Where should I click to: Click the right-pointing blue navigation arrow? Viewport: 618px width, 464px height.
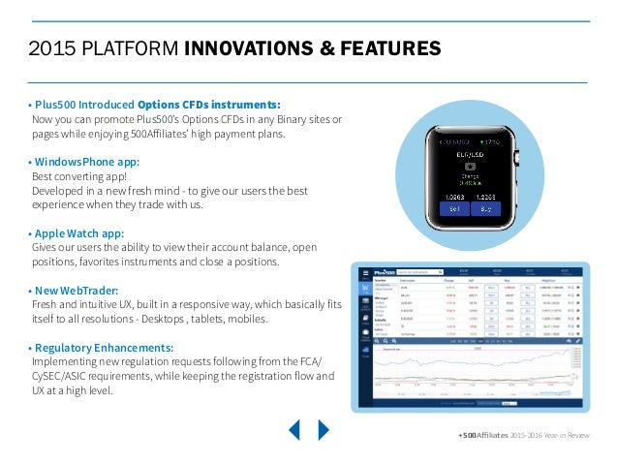point(324,429)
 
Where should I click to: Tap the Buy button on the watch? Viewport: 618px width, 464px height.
point(487,207)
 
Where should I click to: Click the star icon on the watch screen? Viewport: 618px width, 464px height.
point(471,166)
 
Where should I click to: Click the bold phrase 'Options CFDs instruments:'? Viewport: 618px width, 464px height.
point(209,105)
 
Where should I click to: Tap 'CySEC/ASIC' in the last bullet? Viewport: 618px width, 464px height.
point(67,377)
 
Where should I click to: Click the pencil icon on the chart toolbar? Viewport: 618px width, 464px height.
point(578,340)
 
